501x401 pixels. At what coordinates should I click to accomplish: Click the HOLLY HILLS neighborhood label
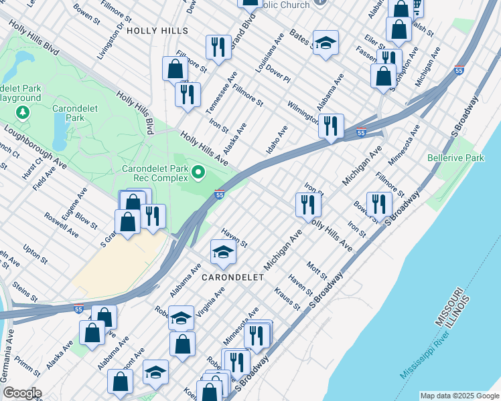pos(157,31)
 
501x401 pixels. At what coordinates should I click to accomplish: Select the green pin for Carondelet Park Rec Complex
pos(198,174)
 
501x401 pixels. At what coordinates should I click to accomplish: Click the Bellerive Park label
pos(455,158)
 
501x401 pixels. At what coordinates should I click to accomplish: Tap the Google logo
pos(21,393)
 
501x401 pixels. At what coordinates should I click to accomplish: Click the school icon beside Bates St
pos(326,44)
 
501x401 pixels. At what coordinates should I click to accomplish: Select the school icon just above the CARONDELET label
pos(224,253)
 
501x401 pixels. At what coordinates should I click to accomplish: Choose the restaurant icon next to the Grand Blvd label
pos(217,47)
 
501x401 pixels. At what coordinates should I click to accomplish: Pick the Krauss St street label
pos(287,299)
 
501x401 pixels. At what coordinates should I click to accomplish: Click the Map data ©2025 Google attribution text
pos(459,396)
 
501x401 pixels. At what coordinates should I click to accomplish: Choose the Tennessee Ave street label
pos(220,98)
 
